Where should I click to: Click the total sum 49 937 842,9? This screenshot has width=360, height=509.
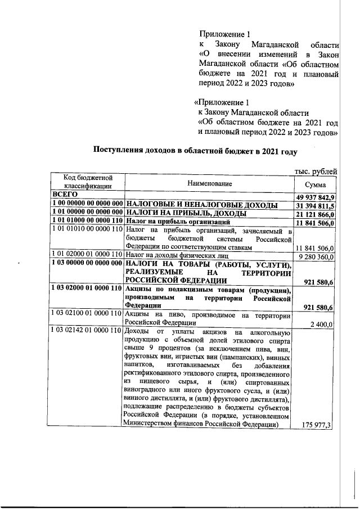pyautogui.click(x=316, y=197)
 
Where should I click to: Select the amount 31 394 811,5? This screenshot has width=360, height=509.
pyautogui.click(x=316, y=205)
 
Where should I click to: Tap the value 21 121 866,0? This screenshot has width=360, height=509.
pyautogui.click(x=316, y=214)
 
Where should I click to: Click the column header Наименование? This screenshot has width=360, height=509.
pyautogui.click(x=210, y=183)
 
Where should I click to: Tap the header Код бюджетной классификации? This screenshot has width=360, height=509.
pyautogui.click(x=87, y=181)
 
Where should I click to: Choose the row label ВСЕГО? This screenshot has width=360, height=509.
pyautogui.click(x=64, y=196)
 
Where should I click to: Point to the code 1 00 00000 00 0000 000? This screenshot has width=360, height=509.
pyautogui.click(x=87, y=205)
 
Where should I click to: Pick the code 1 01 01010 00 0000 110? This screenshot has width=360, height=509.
pyautogui.click(x=87, y=231)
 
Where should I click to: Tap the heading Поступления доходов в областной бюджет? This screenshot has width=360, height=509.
pyautogui.click(x=195, y=151)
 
